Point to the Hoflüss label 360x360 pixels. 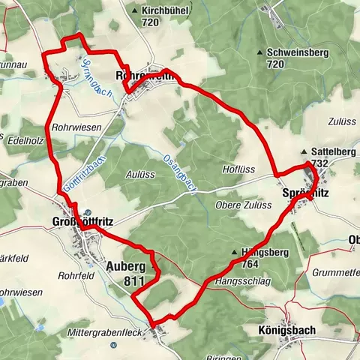click(239, 169)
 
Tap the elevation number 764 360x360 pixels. click(251, 264)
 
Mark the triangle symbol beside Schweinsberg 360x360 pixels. click(259, 52)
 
